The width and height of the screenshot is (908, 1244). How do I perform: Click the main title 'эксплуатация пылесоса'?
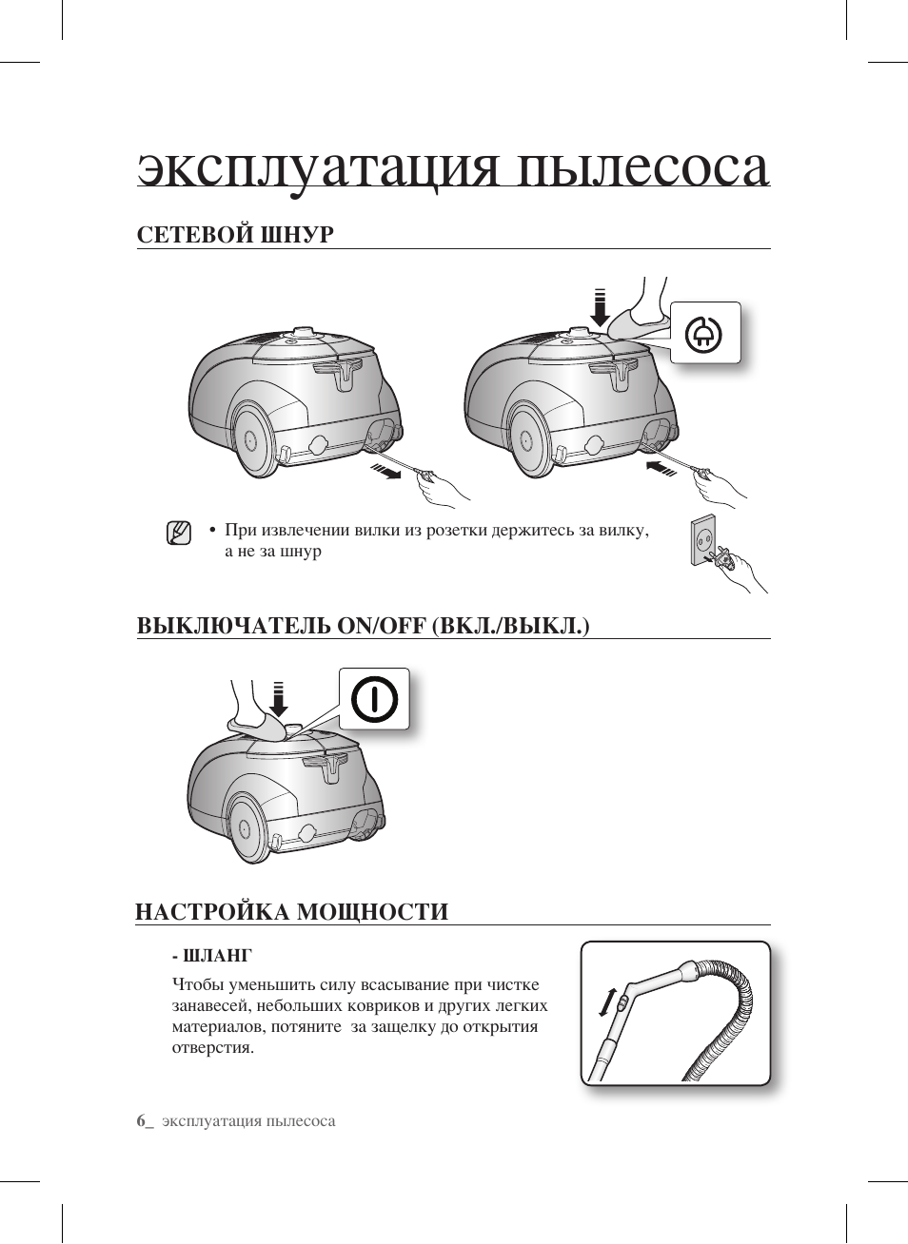point(453,167)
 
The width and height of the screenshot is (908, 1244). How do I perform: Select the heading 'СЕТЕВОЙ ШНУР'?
point(235,234)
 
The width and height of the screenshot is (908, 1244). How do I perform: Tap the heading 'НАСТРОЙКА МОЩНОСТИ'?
point(291,911)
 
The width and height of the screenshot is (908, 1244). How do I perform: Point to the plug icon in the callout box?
point(705,333)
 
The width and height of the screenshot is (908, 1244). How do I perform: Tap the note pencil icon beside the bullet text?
point(178,533)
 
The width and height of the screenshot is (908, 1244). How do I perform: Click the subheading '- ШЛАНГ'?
point(211,955)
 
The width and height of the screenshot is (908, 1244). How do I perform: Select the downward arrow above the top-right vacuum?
point(599,305)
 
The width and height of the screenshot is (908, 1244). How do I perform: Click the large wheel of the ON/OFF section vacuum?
point(244,827)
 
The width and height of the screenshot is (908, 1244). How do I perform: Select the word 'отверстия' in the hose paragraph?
point(212,1047)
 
